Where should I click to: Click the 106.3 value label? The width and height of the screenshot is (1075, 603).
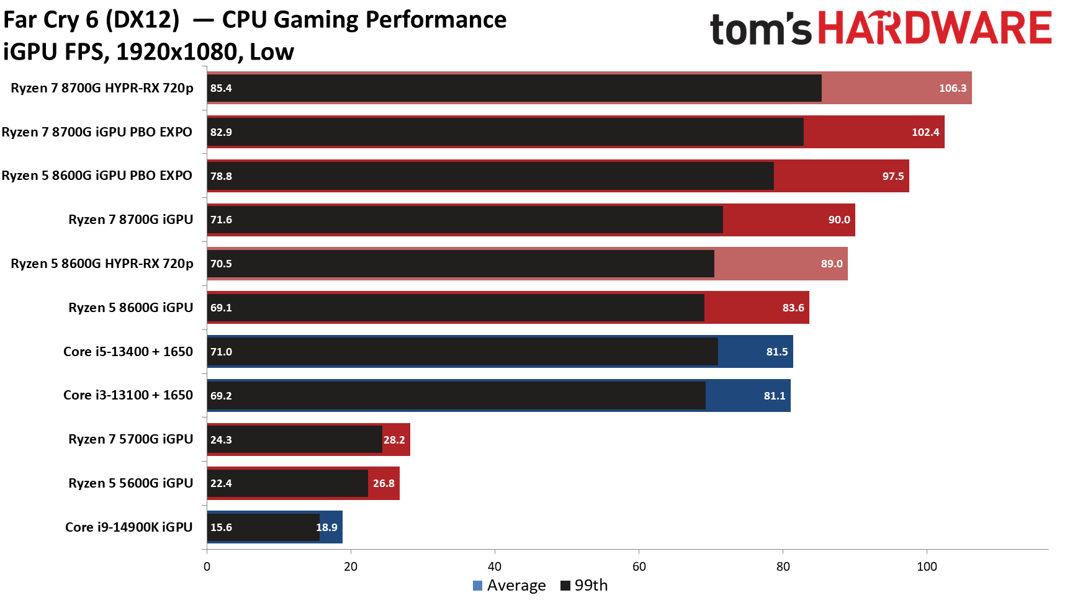coord(952,88)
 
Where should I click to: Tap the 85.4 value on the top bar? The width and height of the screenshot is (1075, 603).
coord(221,88)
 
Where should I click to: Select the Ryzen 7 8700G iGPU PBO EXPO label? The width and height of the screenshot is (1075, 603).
coord(97,132)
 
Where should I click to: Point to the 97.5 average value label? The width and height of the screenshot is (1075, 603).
coord(893,176)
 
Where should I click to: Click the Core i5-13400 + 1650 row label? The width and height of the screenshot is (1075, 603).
coord(128,352)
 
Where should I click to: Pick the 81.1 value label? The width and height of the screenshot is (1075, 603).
coord(774,396)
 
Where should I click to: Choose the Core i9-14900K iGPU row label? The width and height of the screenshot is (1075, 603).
coord(129,527)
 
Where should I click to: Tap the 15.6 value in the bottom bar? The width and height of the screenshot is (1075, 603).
coord(221,527)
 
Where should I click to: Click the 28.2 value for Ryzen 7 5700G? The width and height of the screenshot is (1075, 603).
coord(394,440)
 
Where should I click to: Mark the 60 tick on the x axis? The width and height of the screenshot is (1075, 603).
coord(639,566)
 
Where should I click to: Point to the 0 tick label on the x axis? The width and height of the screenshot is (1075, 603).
coord(207,566)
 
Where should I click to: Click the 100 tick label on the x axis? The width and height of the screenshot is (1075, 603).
coord(927,566)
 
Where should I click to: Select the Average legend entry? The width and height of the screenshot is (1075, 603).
coord(510,586)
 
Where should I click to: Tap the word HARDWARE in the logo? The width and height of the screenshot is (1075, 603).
coord(934,29)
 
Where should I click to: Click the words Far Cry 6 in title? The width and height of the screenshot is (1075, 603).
coord(51,20)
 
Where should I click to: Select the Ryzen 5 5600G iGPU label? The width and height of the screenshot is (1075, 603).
coord(130,483)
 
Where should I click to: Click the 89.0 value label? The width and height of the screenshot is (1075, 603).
coord(831,264)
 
